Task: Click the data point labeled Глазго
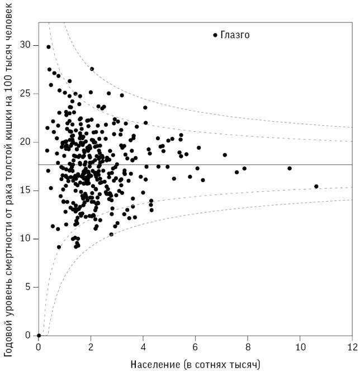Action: tap(215, 35)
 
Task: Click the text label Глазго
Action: tap(235, 35)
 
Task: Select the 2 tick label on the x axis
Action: tap(91, 347)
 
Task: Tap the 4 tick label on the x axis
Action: tap(143, 347)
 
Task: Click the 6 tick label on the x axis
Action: tap(195, 347)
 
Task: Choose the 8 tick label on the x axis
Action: tap(247, 347)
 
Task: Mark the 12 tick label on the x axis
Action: tap(351, 347)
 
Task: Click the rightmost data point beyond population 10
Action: tap(316, 187)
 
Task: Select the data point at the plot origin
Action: tap(39, 335)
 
